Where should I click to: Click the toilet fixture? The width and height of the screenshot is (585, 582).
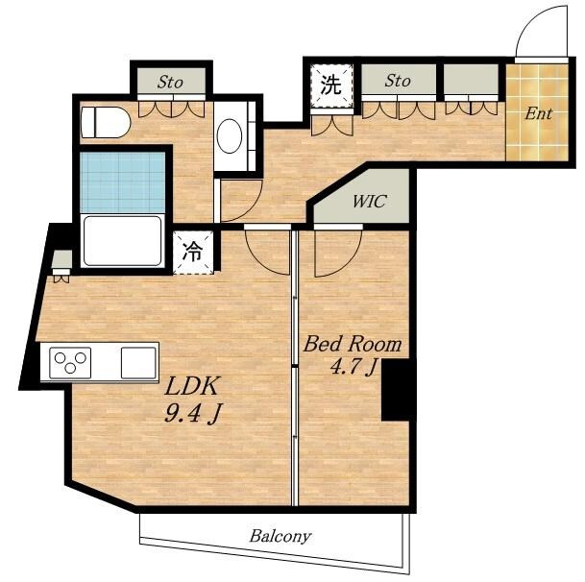pos(106,122)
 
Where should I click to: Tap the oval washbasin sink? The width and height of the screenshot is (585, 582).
pos(230,135)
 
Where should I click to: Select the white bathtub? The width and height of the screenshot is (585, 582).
pos(122,241)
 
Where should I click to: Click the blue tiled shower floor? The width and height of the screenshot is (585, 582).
pos(122,182)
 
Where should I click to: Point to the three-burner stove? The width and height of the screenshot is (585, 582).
pos(70,363)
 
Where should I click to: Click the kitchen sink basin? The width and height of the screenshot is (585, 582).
pos(138,363)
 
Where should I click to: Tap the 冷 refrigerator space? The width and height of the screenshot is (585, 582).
pos(193,253)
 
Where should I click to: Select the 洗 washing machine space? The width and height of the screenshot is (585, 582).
pos(331,85)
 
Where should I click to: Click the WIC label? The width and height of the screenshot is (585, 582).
pos(369,202)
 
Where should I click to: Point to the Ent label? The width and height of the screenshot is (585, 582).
pos(538,113)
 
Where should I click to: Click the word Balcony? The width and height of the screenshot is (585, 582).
pos(280,537)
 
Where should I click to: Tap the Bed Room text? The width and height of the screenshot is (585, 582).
pos(353,344)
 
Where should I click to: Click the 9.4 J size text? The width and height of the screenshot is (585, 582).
pos(192,413)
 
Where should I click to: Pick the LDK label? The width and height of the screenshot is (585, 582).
pos(191,386)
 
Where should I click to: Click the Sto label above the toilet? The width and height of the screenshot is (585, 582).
pos(170,82)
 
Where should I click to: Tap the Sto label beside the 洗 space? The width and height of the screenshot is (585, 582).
pos(398,81)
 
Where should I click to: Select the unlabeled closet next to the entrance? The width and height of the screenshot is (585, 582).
pos(472,79)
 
